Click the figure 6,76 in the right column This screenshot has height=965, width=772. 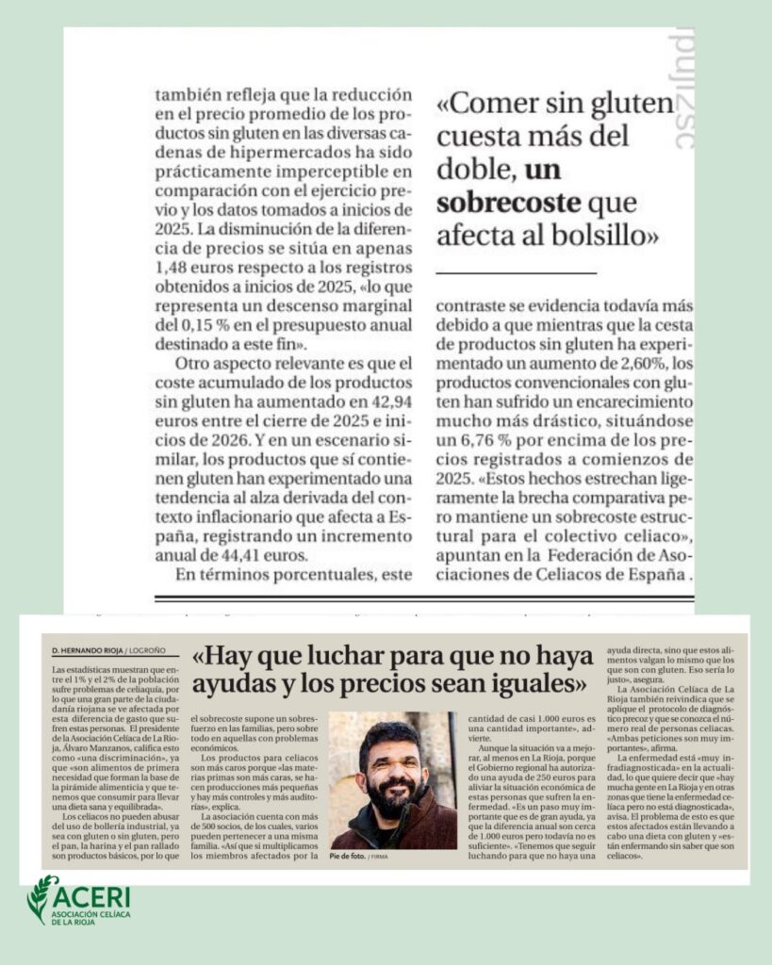(x=487, y=441)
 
